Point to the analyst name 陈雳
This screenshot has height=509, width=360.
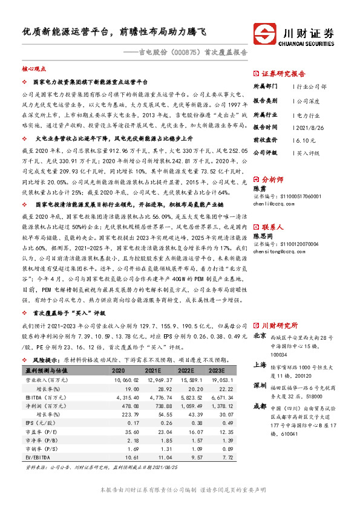[259, 189]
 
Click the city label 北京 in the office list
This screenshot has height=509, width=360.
[259, 335]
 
